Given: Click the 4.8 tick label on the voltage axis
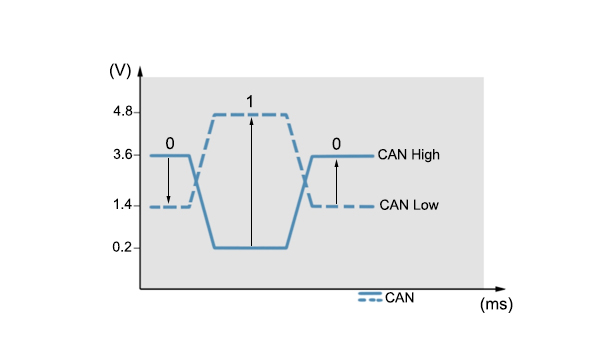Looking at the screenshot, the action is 123,112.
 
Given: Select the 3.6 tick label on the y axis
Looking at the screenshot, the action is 123,155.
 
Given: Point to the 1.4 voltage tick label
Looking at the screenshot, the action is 123,205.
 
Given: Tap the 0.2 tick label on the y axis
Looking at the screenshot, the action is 122,247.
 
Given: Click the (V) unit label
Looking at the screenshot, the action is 120,71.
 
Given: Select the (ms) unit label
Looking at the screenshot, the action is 496,304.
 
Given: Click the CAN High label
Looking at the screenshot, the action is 408,155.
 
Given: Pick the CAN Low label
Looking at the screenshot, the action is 409,205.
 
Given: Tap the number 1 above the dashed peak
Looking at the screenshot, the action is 250,102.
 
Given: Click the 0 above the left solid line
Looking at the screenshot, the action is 170,144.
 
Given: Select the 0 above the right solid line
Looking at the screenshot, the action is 336,144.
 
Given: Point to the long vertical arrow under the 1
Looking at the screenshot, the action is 251,182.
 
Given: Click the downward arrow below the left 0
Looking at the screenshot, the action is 169,181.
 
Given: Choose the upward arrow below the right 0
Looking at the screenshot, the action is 336,182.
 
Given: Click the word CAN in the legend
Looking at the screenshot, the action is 399,298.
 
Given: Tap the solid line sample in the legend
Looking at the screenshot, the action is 370,293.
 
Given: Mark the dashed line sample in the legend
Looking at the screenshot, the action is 370,300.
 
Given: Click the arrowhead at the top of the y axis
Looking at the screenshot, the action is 140,70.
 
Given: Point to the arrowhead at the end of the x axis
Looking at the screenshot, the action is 500,289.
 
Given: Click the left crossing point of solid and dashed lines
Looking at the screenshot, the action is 196,180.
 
